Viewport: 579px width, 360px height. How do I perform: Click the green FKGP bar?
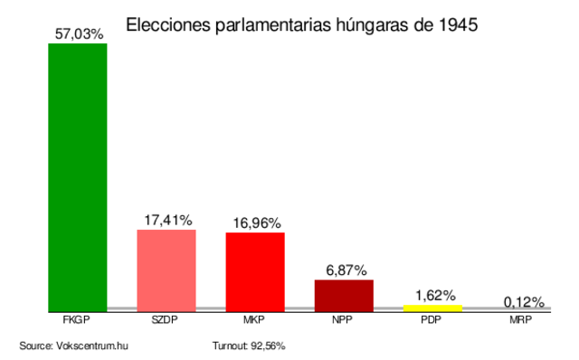[78, 176]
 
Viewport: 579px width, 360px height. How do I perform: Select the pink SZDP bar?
[166, 270]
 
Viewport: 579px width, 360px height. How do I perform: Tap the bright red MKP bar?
[255, 271]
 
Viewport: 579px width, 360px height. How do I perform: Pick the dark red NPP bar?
[344, 295]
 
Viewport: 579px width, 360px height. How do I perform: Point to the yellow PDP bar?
[432, 308]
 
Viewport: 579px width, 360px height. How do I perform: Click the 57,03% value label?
[78, 33]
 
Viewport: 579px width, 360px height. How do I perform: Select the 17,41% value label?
[166, 220]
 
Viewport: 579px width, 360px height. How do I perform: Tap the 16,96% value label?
[255, 223]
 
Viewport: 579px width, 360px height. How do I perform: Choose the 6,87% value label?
[344, 270]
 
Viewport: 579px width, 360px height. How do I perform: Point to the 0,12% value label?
[523, 301]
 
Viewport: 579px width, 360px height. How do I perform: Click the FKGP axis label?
[78, 319]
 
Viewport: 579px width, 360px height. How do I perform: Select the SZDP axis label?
[166, 319]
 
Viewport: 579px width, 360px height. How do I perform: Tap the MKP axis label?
[255, 319]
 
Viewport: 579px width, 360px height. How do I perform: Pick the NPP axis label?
[344, 319]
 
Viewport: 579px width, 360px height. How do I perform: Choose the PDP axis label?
[432, 319]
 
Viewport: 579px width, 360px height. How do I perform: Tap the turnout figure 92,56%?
[269, 346]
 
